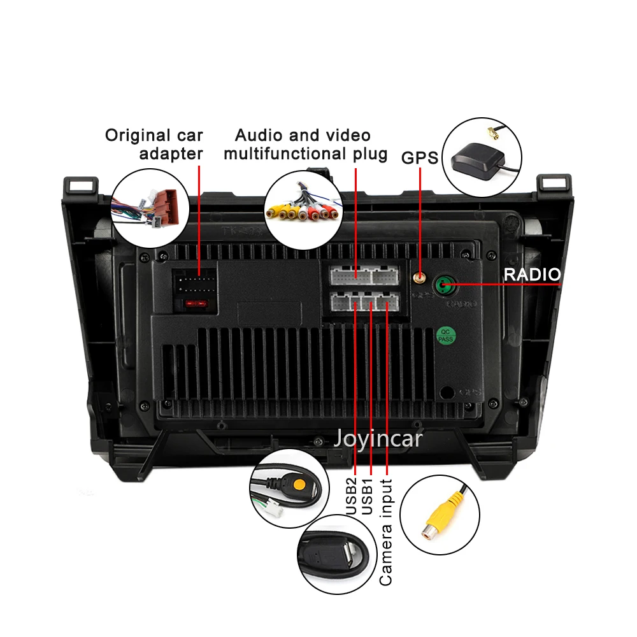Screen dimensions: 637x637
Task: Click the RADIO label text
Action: (532, 275)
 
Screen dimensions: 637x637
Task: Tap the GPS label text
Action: (420, 157)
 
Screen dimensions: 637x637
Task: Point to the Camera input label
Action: (386, 533)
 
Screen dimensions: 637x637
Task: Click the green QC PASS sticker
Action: (445, 336)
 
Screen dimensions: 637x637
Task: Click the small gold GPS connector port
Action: (419, 278)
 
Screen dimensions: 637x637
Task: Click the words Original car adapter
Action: (154, 144)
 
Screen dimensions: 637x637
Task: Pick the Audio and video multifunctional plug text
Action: (305, 145)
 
